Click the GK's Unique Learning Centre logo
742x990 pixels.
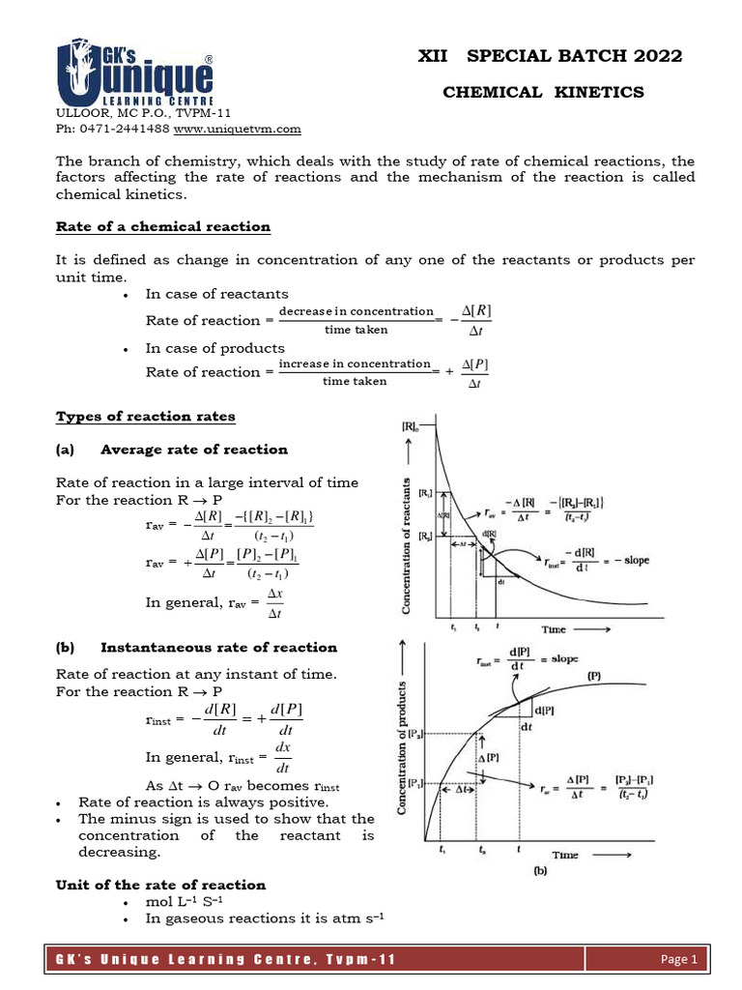(135, 73)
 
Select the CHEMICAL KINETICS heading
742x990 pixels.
(542, 92)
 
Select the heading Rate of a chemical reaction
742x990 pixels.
(163, 226)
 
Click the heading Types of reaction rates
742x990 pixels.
(146, 416)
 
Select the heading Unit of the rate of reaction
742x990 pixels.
(160, 885)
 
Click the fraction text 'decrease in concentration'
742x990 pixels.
(356, 311)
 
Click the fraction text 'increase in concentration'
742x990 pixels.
(355, 364)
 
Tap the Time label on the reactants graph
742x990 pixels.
(554, 629)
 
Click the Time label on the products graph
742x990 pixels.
(565, 855)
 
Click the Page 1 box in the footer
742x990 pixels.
(679, 960)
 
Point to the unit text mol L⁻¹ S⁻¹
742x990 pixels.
(182, 902)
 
